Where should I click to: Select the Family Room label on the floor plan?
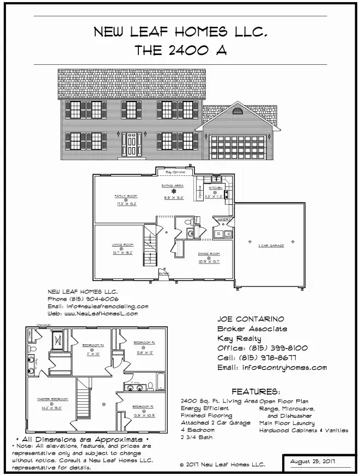pyautogui.click(x=125, y=196)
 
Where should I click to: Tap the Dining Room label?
pyautogui.click(x=209, y=254)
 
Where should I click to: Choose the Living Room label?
pyautogui.click(x=122, y=245)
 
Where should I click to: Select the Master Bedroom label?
pyautogui.click(x=49, y=400)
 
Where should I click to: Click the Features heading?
pyautogui.click(x=255, y=392)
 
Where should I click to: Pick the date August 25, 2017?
pyautogui.click(x=312, y=462)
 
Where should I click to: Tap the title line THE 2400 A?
pyautogui.click(x=180, y=50)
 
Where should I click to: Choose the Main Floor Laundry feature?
pyautogui.click(x=287, y=423)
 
